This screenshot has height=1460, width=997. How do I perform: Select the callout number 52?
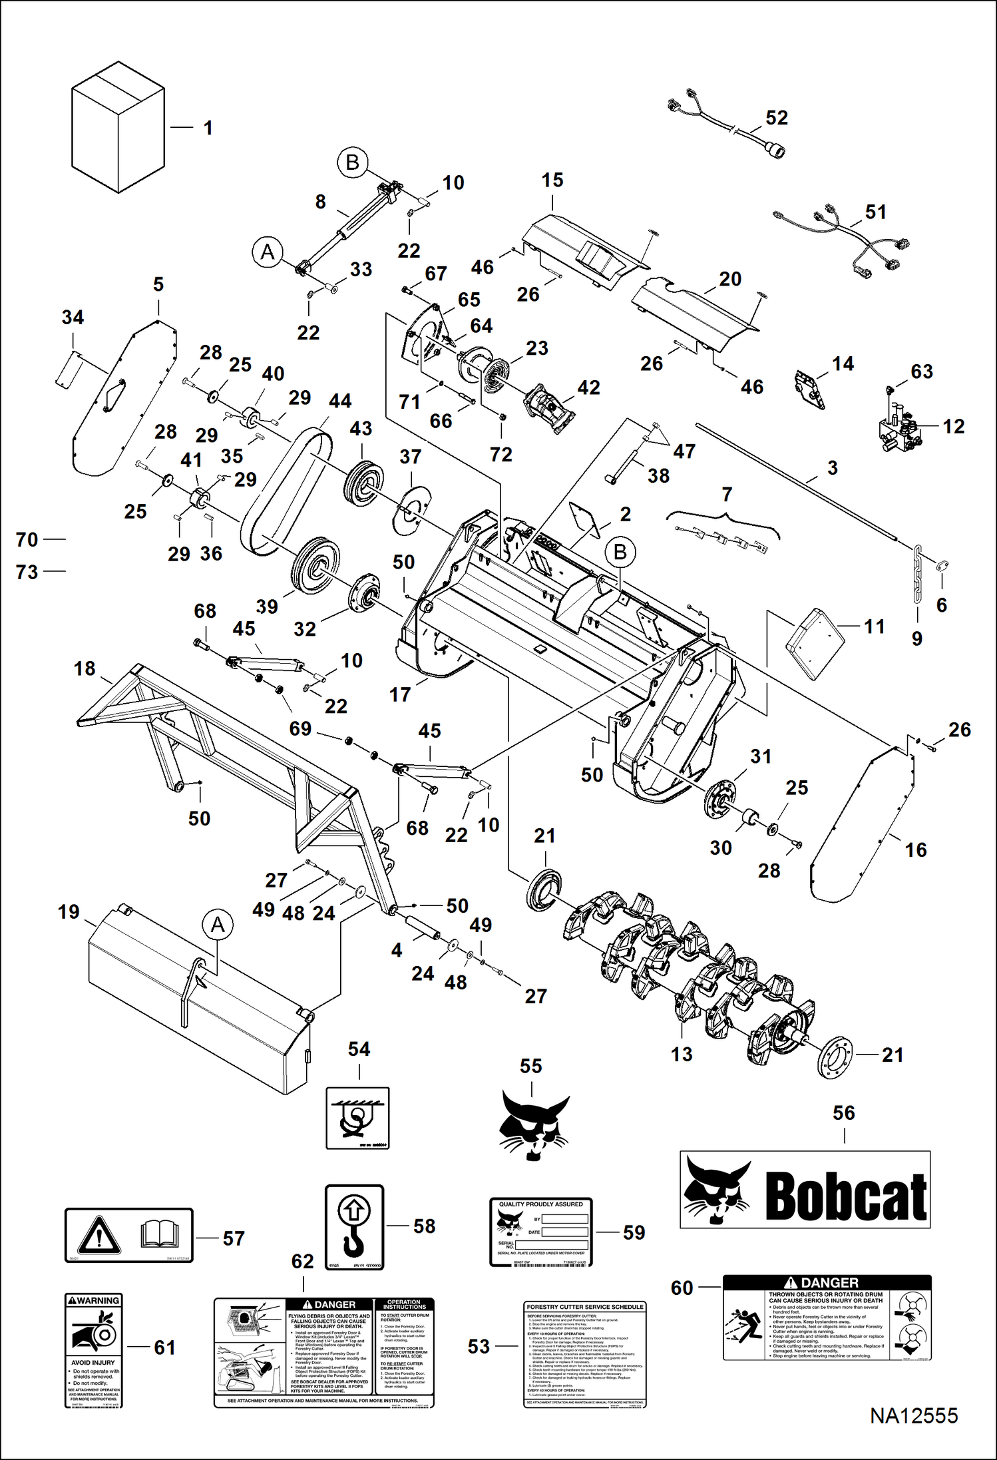coord(777,118)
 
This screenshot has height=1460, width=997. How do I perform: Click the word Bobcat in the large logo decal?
coord(845,1196)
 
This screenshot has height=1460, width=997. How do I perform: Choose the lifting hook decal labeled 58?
coord(354,1227)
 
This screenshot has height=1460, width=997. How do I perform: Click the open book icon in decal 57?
coord(160,1236)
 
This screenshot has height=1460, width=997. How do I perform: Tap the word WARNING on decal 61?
coord(98,1300)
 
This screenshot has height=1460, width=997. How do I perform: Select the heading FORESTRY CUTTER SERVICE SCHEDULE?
coord(585,1307)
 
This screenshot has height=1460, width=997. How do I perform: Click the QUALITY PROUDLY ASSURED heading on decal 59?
coord(540,1204)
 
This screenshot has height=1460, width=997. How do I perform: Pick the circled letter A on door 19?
coord(218,925)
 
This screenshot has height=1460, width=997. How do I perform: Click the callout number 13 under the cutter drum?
coord(682,1054)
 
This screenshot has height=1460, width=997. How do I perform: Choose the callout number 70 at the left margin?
coord(27,539)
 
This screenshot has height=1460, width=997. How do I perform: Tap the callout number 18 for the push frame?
coord(85,668)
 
